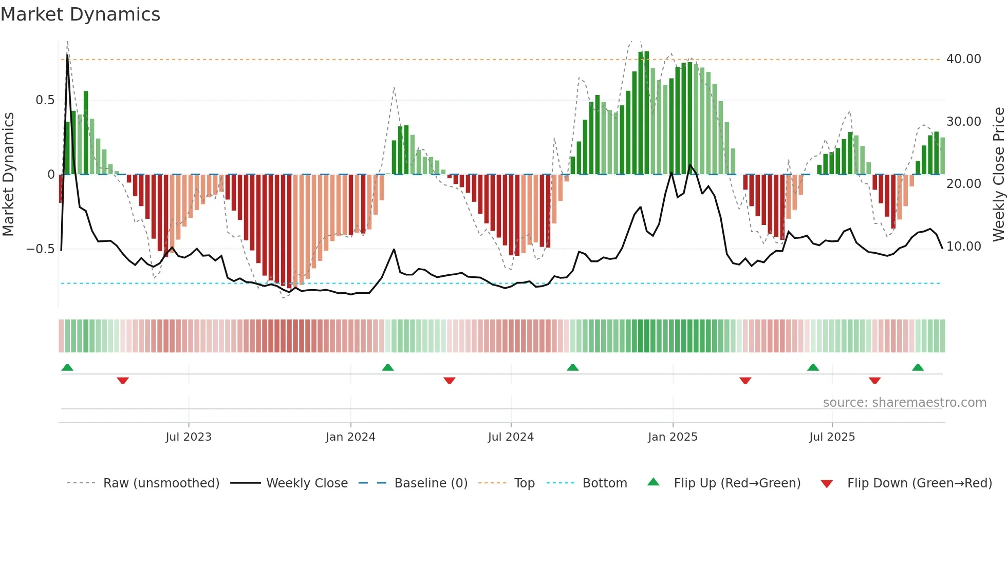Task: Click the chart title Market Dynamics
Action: tap(80, 14)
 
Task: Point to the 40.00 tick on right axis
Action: tap(963, 59)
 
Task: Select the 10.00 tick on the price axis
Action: tap(963, 247)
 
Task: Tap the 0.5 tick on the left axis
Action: tap(45, 100)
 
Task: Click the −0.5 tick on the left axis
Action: tap(41, 249)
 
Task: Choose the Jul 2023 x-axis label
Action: tap(188, 437)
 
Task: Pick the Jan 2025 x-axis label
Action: tap(672, 437)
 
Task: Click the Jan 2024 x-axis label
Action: tap(350, 437)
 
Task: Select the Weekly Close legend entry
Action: tap(306, 483)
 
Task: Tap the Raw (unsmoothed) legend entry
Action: tap(161, 483)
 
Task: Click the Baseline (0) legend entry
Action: tap(431, 483)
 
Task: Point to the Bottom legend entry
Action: tap(604, 483)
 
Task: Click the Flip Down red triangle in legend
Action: tap(826, 484)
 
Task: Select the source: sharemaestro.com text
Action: tap(904, 403)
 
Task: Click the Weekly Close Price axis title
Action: tap(998, 175)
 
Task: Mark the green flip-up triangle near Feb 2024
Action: tap(388, 367)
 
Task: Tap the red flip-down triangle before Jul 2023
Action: tap(123, 381)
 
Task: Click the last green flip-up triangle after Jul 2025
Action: tap(918, 367)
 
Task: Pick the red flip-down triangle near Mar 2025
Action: tap(745, 381)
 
